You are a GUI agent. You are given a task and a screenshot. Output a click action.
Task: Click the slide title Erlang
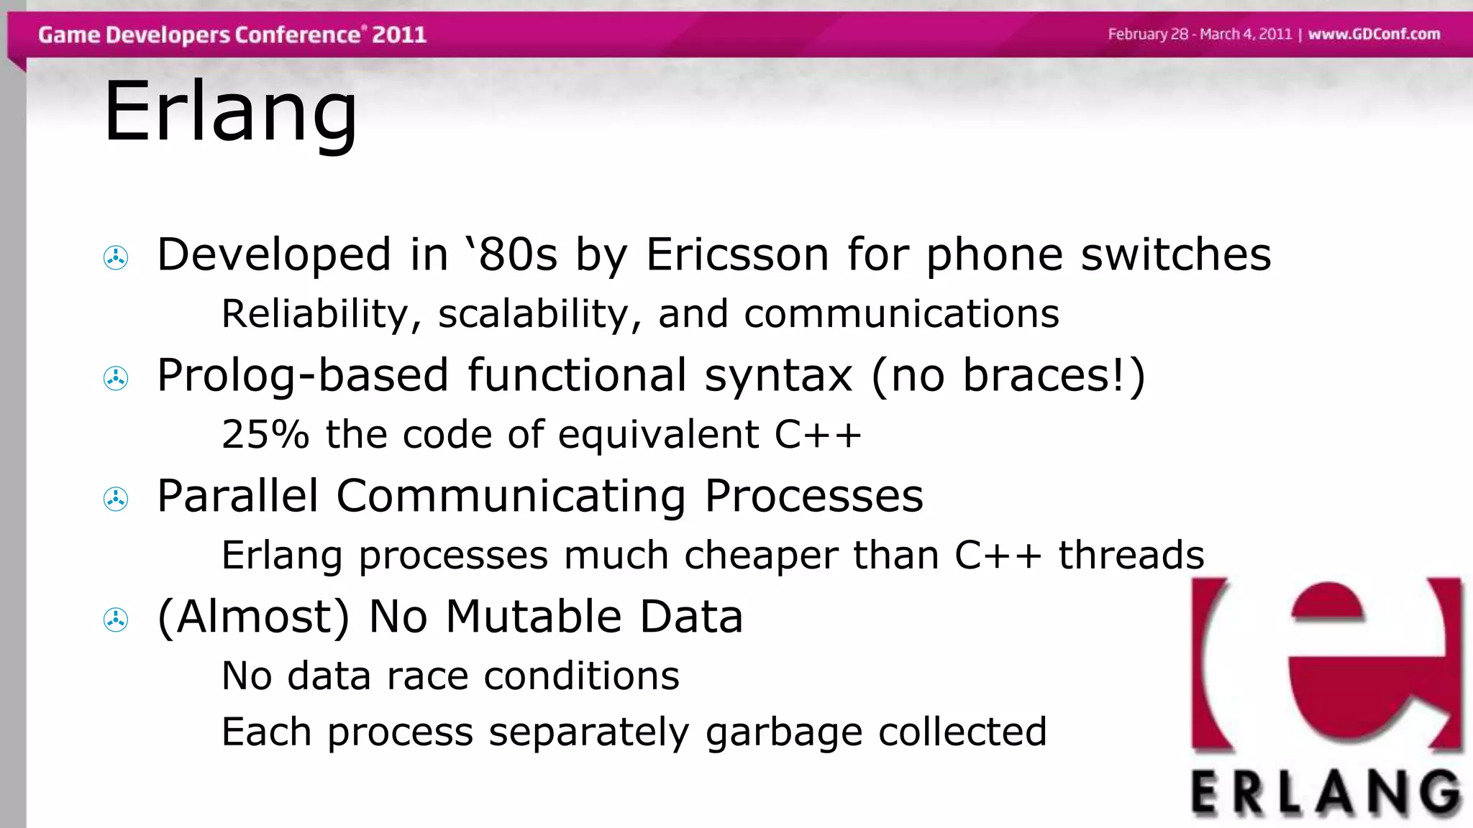(230, 112)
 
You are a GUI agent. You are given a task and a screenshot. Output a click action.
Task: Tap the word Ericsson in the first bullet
(737, 254)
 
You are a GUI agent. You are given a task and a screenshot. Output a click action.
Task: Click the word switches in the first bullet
(1176, 254)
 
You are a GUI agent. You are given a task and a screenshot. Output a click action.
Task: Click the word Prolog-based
(303, 376)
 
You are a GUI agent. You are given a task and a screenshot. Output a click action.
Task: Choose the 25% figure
(265, 434)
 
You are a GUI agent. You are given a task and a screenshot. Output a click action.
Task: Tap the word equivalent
(658, 434)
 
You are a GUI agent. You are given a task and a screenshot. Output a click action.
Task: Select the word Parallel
(237, 496)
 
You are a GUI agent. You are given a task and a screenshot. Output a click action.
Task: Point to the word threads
(1131, 555)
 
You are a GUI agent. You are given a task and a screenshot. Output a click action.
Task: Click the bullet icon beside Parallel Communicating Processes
(116, 499)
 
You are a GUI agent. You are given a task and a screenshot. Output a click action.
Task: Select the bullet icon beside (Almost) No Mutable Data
(116, 620)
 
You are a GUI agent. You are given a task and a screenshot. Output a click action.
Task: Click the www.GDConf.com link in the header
(1374, 34)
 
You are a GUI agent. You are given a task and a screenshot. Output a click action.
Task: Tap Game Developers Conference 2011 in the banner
(232, 34)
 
